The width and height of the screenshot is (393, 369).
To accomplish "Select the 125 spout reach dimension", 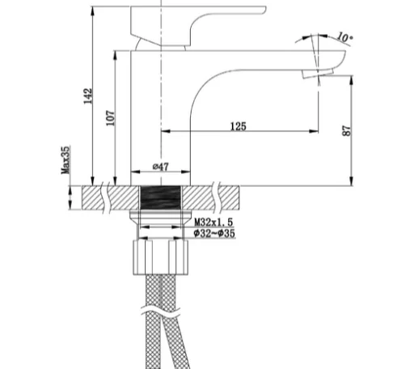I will point(238,127).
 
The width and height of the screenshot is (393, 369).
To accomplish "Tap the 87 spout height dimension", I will point(348,129).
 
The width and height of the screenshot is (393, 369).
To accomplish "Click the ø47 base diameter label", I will point(161,167).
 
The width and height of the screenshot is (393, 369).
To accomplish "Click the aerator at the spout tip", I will point(308,74).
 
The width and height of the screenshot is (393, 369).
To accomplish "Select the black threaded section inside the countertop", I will point(162,197).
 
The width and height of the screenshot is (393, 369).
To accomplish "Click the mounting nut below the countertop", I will point(161,259).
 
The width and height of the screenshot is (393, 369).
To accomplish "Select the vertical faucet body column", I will point(161,113).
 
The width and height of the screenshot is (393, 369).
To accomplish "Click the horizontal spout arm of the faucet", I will point(259,65).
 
